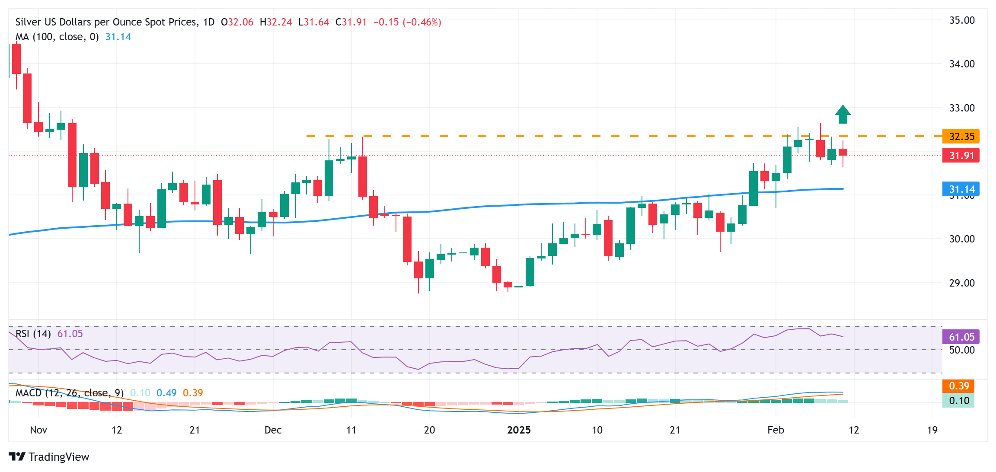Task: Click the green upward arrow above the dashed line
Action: pos(843,115)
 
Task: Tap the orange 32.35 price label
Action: pos(961,137)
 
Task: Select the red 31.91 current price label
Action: pos(961,156)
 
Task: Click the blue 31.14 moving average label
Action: pos(961,189)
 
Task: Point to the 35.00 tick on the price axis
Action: pos(962,20)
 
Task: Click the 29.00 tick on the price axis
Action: pos(962,283)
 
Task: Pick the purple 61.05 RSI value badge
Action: pos(961,337)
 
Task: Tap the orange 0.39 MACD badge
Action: pos(958,386)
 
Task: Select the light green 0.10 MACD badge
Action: pos(958,401)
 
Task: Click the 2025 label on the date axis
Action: pos(519,430)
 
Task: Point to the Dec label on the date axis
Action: pos(273,430)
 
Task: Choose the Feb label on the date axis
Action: pos(776,430)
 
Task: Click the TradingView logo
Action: pos(49,457)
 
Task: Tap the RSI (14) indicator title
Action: pos(33,334)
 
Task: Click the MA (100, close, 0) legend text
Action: pos(57,37)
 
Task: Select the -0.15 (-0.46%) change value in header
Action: pos(407,22)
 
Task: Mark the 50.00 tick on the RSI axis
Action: pos(962,350)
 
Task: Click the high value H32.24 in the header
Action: pos(276,22)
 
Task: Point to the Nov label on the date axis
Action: pos(38,430)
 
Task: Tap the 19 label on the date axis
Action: pos(932,430)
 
